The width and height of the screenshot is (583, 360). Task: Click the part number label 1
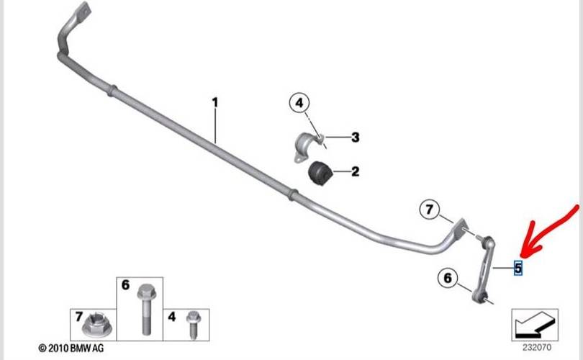point(214,103)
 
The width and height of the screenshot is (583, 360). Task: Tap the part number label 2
point(355,171)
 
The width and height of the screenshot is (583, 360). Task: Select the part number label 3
point(355,137)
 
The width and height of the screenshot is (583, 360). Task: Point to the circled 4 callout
point(299,104)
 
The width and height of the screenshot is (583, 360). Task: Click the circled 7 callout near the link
point(430,210)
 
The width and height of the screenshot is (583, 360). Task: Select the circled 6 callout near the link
point(447,278)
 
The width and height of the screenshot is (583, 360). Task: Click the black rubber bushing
point(317,173)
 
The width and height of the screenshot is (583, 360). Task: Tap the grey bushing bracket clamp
point(307,145)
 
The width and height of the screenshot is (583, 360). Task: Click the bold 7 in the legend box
point(80,315)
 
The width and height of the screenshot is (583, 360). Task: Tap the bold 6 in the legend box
point(125,285)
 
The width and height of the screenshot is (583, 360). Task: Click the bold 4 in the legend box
point(171,315)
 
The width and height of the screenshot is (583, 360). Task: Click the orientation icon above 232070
point(535,325)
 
